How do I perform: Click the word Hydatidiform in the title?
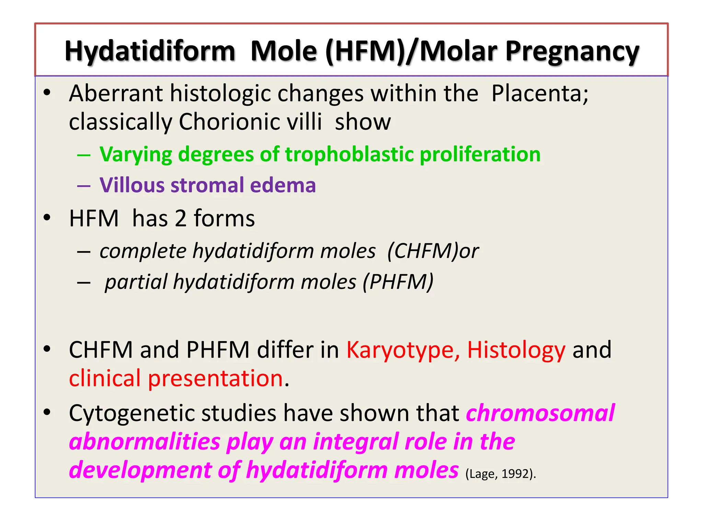[x=150, y=51]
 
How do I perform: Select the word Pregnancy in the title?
[x=572, y=51]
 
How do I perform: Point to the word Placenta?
[x=539, y=93]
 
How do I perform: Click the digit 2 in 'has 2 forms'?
[x=181, y=219]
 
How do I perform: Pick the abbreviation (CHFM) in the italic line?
[x=423, y=251]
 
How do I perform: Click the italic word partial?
[x=136, y=282]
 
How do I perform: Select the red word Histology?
[x=516, y=350]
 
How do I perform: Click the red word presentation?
[x=216, y=378]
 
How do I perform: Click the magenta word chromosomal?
[x=540, y=413]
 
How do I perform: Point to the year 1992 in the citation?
[x=515, y=474]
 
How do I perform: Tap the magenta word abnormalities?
[x=145, y=442]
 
